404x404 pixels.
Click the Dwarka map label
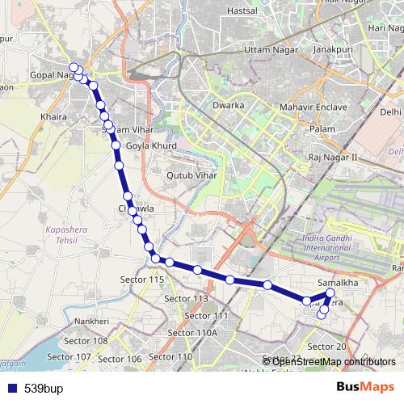[x=228, y=106]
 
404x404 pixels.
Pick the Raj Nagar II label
[x=333, y=157]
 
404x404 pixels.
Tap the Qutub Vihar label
[x=188, y=173]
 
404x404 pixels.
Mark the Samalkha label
[x=339, y=284]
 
